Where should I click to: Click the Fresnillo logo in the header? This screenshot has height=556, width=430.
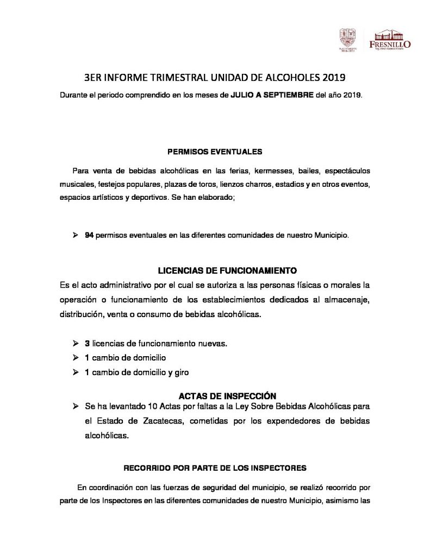pos(389,41)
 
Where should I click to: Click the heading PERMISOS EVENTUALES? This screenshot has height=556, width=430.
pos(215,151)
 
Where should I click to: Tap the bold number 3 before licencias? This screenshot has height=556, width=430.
pos(87,344)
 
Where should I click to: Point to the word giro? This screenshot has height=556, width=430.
pos(180,372)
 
